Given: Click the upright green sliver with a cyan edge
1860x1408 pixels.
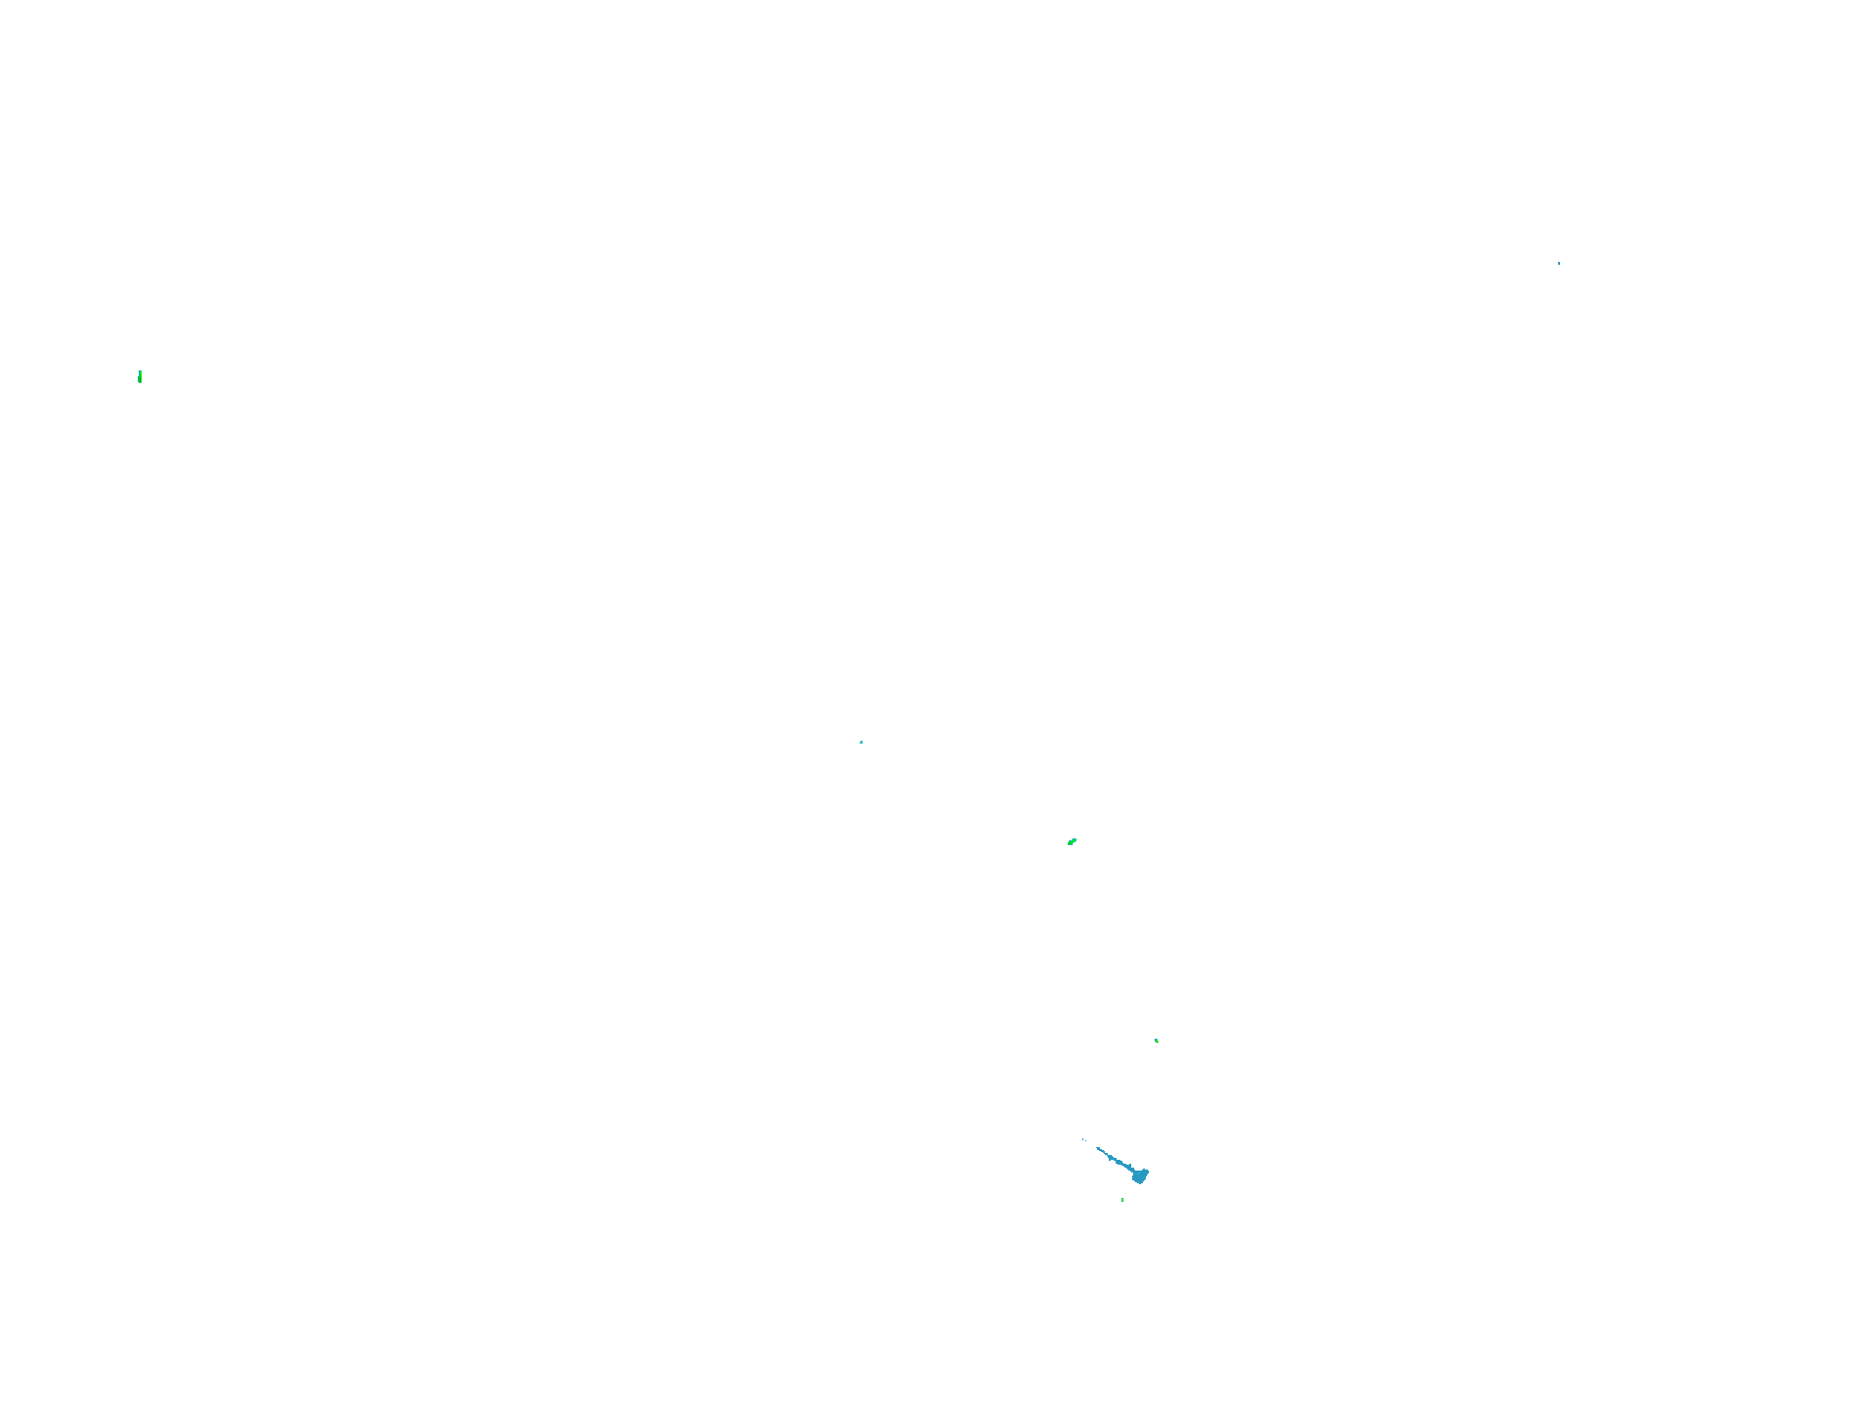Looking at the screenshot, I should (140, 376).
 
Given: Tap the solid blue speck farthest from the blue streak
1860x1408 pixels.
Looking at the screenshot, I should (1559, 263).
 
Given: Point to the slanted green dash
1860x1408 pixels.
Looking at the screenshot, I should (1072, 841).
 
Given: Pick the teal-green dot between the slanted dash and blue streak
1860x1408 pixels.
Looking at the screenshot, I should (1157, 1041).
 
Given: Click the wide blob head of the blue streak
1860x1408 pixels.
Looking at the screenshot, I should (1139, 1175).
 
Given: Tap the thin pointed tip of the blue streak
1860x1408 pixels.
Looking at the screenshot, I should (1097, 1147).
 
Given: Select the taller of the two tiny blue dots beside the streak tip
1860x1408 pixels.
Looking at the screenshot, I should (1083, 1139).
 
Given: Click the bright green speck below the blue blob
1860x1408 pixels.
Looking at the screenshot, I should (1122, 1199).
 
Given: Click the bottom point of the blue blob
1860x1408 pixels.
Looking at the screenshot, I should (1139, 1183).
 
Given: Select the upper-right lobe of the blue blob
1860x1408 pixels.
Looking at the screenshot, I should (1146, 1171).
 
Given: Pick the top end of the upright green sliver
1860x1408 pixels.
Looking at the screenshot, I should (141, 370).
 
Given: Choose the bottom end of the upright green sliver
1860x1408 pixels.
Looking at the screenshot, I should (140, 382).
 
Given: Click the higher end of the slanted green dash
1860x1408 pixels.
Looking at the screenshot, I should (1076, 838).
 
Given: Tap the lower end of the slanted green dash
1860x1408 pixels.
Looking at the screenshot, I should (1069, 844).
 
